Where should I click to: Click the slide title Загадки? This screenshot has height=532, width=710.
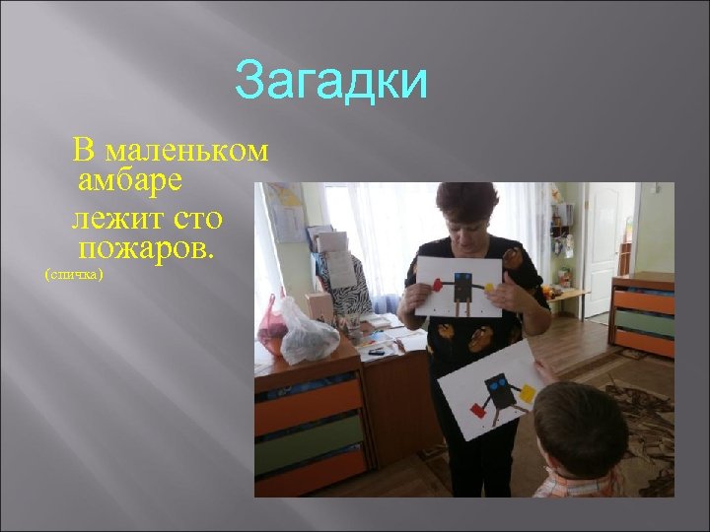coord(331,83)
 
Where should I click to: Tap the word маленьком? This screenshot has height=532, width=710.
coord(185,152)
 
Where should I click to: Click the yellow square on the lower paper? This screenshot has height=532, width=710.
coord(528,393)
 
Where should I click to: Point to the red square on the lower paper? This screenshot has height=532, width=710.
coord(477,408)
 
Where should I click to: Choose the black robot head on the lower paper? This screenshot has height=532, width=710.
coord(499,383)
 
